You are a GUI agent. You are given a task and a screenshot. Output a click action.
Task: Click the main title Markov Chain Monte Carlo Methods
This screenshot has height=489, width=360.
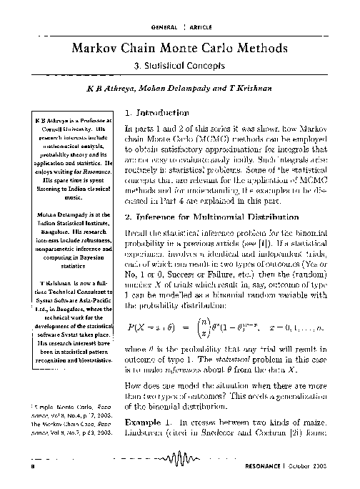click(180, 49)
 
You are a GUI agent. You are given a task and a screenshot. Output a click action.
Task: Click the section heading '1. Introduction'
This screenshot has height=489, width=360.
click(152, 113)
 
